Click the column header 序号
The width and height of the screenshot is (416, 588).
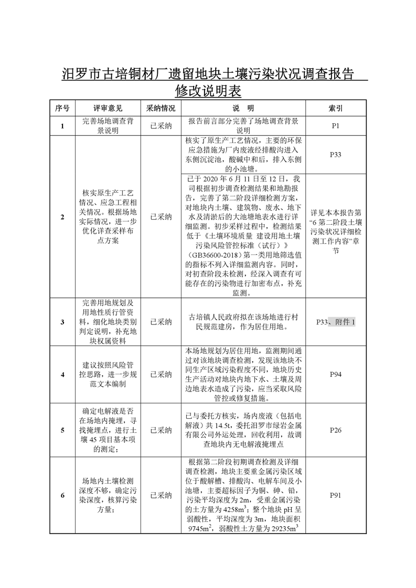tap(62, 108)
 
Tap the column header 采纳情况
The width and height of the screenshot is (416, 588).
tap(161, 108)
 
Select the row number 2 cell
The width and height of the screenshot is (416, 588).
tap(62, 216)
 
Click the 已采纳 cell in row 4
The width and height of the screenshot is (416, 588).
tap(161, 375)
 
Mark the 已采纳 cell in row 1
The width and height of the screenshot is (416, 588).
tap(161, 126)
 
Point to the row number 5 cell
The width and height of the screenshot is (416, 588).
tap(62, 430)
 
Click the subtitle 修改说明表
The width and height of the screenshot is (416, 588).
tap(208, 90)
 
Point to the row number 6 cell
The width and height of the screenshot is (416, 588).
tap(62, 495)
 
